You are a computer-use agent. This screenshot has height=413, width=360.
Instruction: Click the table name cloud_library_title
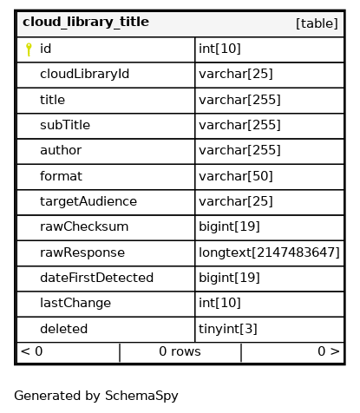[x=86, y=23]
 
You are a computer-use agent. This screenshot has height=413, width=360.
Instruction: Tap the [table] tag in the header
[x=317, y=23]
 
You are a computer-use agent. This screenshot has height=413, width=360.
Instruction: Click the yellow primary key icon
[x=29, y=49]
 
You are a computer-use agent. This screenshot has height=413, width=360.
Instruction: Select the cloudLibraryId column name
[x=84, y=74]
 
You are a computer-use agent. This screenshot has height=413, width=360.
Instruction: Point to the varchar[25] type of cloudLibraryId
[x=236, y=74]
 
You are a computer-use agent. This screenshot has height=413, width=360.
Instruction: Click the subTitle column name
[x=65, y=125]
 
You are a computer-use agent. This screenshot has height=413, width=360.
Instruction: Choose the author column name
[x=61, y=150]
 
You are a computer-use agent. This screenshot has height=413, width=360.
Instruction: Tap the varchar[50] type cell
[x=236, y=176]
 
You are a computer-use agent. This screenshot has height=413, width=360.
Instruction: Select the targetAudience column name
[x=88, y=201]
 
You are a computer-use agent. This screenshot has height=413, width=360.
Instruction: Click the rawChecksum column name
[x=84, y=226]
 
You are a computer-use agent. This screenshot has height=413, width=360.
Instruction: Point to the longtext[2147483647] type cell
[x=269, y=252]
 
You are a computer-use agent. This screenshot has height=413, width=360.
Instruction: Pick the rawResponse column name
[x=82, y=252]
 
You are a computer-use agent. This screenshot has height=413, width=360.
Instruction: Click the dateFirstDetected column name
[x=96, y=278]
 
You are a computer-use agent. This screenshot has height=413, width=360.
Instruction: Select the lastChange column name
[x=75, y=303]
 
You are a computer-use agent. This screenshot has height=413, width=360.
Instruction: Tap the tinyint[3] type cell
[x=228, y=329]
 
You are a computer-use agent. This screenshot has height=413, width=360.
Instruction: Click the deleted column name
[x=63, y=329]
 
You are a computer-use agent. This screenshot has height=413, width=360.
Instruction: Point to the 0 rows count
[x=180, y=351]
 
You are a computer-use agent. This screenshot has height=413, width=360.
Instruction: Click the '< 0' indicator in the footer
[x=32, y=351]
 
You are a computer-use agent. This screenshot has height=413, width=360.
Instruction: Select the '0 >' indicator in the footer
[x=329, y=351]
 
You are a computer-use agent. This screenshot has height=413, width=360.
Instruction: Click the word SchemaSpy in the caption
[x=141, y=396]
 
